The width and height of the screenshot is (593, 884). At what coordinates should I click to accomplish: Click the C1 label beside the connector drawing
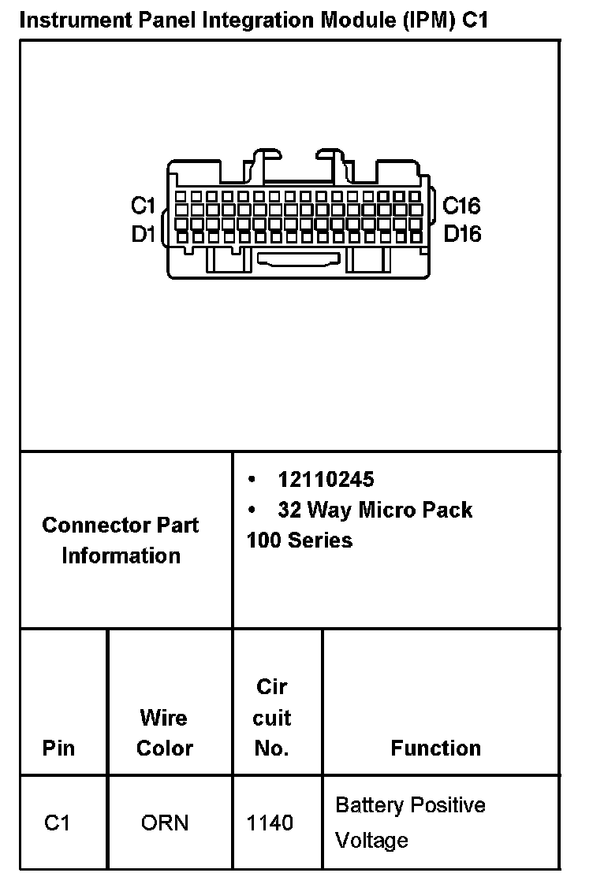[x=143, y=206]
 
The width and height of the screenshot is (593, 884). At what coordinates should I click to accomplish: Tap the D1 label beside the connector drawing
[x=143, y=234]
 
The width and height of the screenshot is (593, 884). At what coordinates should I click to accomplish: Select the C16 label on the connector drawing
[x=461, y=206]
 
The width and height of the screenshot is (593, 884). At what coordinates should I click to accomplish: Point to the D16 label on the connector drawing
[x=462, y=234]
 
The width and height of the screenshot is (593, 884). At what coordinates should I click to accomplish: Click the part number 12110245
[x=326, y=480]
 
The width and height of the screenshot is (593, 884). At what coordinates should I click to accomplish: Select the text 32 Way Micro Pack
[x=375, y=510]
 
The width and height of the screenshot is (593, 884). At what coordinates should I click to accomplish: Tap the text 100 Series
[x=300, y=540]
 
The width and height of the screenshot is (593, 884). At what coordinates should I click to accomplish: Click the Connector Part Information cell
[x=121, y=540]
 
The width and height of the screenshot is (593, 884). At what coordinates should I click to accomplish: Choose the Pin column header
[x=59, y=748]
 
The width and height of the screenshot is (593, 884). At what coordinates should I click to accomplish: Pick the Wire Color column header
[x=164, y=733]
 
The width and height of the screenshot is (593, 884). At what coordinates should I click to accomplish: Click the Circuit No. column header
[x=272, y=718]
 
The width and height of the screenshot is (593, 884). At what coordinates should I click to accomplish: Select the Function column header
[x=435, y=748]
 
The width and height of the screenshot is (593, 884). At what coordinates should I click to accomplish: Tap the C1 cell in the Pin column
[x=58, y=823]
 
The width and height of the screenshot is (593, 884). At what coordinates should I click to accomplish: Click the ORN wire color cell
[x=165, y=823]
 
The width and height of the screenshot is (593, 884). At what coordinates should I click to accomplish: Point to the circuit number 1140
[x=270, y=823]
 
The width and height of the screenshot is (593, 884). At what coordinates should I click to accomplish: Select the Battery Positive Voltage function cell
[x=410, y=823]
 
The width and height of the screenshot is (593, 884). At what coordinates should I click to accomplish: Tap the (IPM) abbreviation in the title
[x=428, y=20]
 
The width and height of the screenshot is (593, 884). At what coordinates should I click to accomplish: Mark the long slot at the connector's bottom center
[x=300, y=258]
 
